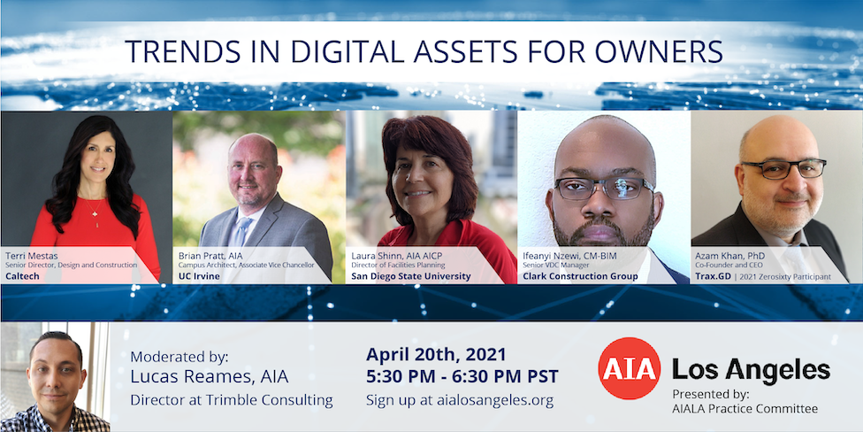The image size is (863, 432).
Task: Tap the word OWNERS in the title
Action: point(662,51)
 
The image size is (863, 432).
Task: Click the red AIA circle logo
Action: point(629,368)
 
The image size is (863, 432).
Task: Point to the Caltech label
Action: point(22,276)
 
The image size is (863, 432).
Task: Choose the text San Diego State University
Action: point(410,276)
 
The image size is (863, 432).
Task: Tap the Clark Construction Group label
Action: point(580,276)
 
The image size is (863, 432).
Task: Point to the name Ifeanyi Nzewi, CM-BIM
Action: point(570,256)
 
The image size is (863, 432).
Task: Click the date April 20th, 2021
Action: point(436,354)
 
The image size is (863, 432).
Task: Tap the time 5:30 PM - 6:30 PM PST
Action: point(462,377)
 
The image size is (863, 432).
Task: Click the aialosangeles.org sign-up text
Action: point(460,400)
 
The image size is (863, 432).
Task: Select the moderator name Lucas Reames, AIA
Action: point(210,377)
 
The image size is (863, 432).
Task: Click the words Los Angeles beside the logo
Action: point(752,369)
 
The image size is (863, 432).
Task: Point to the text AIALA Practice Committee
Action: point(745,408)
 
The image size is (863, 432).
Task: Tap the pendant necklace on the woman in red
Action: point(95,215)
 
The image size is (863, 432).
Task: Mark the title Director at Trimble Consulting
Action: point(232,400)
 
